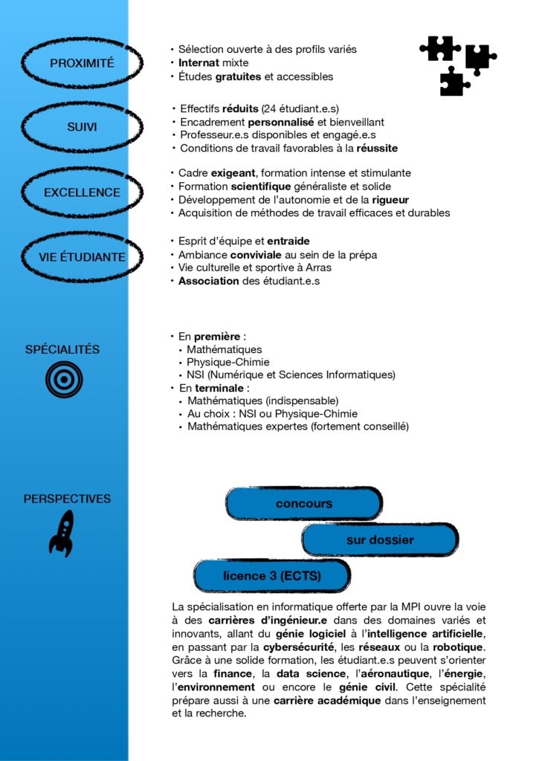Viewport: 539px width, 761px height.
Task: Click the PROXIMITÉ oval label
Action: pyautogui.click(x=82, y=64)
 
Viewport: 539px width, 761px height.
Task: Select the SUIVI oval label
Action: pyautogui.click(x=82, y=127)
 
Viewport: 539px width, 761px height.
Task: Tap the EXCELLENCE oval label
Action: pyautogui.click(x=82, y=192)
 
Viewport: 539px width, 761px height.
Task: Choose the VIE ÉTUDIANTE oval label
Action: pyautogui.click(x=82, y=257)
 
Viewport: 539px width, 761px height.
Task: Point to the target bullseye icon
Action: pyautogui.click(x=64, y=379)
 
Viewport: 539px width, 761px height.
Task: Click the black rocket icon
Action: pyautogui.click(x=62, y=533)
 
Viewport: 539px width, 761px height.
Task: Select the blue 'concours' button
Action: pyautogui.click(x=303, y=504)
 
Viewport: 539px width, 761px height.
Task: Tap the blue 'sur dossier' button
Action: pyautogui.click(x=379, y=540)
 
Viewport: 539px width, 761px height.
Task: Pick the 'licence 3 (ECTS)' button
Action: pyautogui.click(x=271, y=576)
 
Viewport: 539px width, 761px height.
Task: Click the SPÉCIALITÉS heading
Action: pyautogui.click(x=62, y=349)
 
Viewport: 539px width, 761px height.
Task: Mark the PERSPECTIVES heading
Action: pyautogui.click(x=67, y=499)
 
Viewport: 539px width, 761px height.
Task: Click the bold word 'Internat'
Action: pyautogui.click(x=199, y=63)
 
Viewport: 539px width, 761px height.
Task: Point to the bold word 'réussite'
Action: pyautogui.click(x=375, y=149)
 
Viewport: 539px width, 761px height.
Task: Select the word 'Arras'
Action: pyautogui.click(x=317, y=268)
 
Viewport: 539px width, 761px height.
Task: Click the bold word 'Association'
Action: pyautogui.click(x=209, y=282)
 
